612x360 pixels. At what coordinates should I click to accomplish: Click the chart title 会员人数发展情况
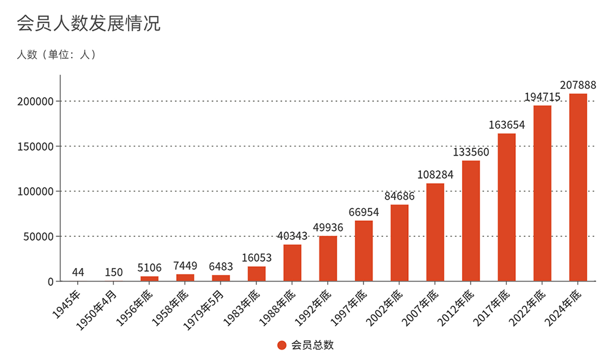(89, 23)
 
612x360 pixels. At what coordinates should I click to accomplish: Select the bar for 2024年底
(578, 187)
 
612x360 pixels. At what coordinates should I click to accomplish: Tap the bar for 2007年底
(435, 232)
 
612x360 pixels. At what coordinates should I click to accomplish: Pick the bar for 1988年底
(293, 263)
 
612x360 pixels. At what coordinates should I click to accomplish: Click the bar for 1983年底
(256, 274)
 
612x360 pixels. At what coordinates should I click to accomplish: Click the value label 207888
(578, 84)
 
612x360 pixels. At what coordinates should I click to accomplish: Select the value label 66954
(364, 212)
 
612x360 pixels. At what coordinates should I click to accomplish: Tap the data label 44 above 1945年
(78, 272)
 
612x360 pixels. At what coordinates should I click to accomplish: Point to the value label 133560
(471, 152)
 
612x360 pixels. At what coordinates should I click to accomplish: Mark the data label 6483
(221, 266)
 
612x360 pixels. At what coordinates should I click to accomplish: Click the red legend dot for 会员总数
(282, 345)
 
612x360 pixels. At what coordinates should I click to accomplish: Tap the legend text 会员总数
(313, 345)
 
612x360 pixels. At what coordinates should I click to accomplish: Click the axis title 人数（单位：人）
(56, 54)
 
